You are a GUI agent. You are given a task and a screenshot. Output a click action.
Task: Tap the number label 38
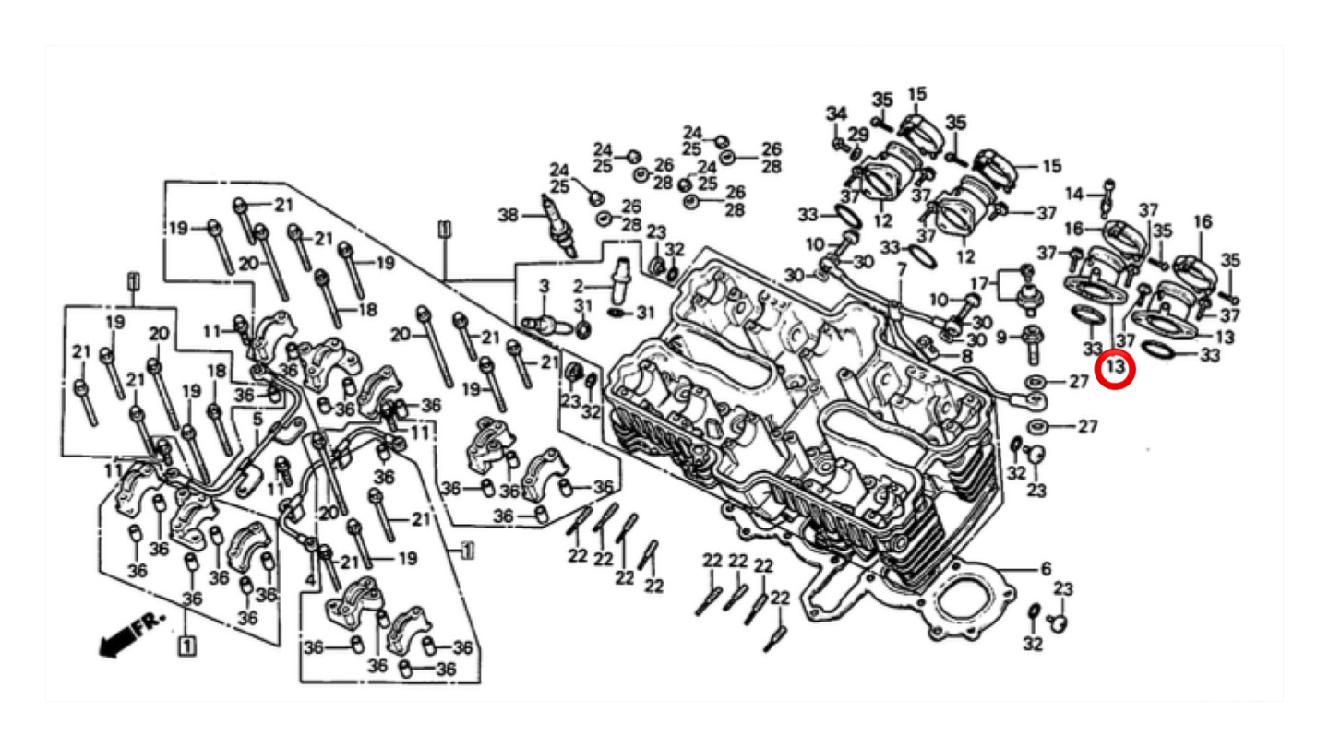[x=509, y=216]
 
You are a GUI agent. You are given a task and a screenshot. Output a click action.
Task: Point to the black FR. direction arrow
[x=115, y=640]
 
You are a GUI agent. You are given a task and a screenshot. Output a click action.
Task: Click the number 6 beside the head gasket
[x=1046, y=569]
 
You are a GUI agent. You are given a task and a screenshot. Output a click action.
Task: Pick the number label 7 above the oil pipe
[x=902, y=269]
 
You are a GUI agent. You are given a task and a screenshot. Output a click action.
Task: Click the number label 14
[x=1073, y=194]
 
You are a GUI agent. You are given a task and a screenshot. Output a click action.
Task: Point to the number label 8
[x=966, y=356]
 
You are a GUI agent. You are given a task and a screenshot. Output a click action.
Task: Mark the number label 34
[x=836, y=114]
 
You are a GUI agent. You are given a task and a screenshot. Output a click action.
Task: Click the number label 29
[x=858, y=135]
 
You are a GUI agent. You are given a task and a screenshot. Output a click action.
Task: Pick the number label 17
[x=978, y=282]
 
